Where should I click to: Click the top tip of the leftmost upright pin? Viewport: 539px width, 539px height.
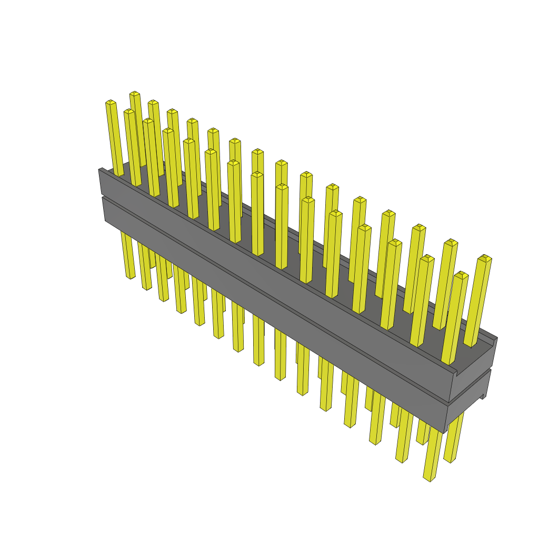110,102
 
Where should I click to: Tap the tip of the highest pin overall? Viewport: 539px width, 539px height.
134,94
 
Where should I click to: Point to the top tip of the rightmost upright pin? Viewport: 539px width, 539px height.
484,258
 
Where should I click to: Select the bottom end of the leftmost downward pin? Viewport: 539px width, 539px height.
130,276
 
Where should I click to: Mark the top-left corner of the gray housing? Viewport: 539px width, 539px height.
99,170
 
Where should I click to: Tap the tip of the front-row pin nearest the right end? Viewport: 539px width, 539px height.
461,275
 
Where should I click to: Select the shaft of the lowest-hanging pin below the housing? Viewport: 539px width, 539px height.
432,453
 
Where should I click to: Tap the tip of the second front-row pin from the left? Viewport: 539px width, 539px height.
129,111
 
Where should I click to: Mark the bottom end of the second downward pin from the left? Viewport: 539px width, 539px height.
146,288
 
